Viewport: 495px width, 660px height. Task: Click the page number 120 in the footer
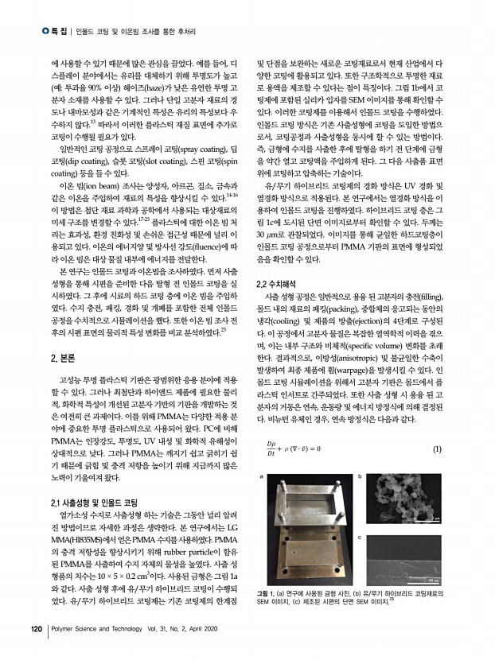pos(34,631)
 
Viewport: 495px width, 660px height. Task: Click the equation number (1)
pos(438,427)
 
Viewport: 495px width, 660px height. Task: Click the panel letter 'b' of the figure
pos(362,454)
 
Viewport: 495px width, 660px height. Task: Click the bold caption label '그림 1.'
pos(268,592)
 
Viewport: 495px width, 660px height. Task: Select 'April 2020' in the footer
pos(207,631)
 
